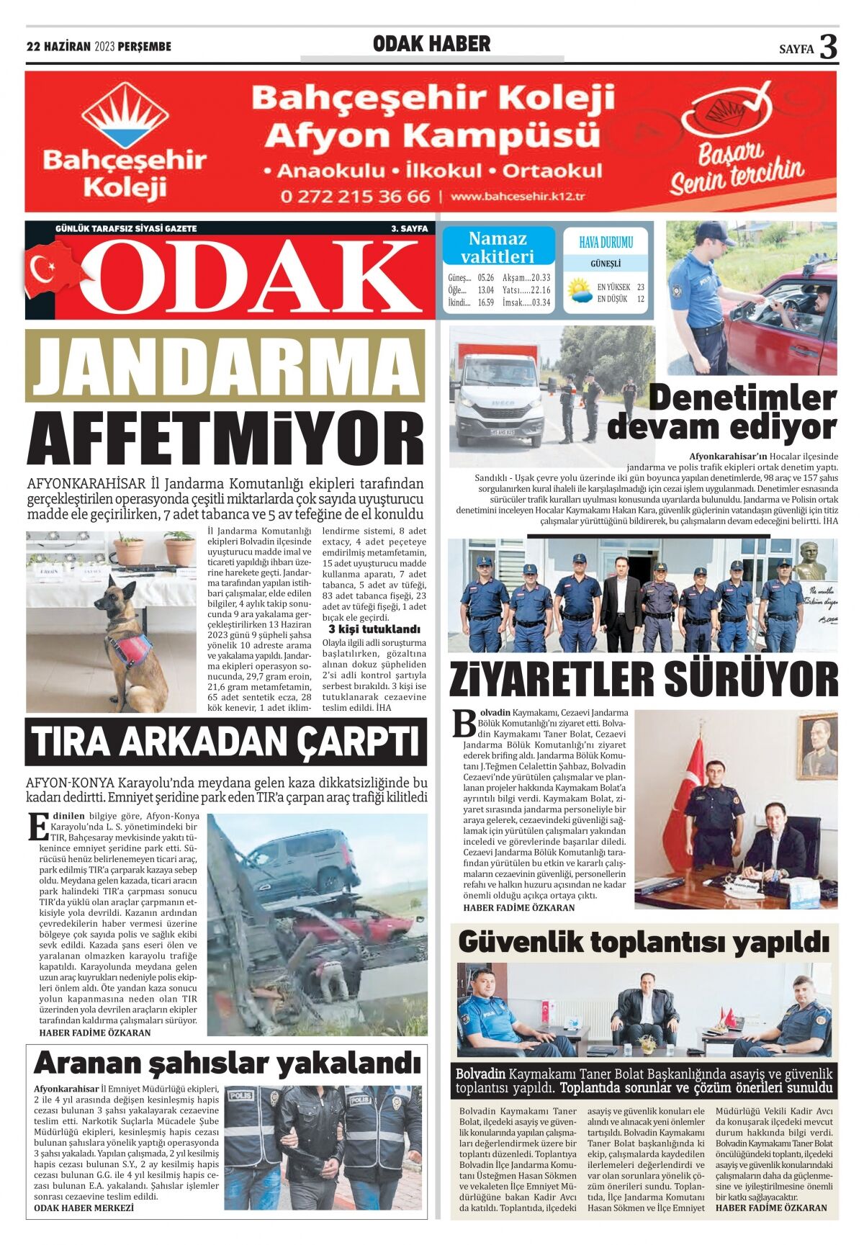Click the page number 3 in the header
click(x=829, y=48)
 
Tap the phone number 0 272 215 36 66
click(x=355, y=197)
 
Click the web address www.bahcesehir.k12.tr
click(x=518, y=197)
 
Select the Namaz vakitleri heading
click(x=498, y=247)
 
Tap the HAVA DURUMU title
click(x=606, y=243)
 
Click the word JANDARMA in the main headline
click(x=225, y=366)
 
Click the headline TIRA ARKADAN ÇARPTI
click(x=225, y=742)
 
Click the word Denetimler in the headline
click(x=742, y=398)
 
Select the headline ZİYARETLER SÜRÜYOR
click(x=644, y=678)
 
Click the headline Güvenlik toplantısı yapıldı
click(x=644, y=942)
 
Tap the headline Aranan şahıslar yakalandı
click(x=227, y=1063)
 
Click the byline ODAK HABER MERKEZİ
click(x=84, y=1208)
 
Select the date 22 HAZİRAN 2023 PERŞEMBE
click(x=99, y=47)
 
